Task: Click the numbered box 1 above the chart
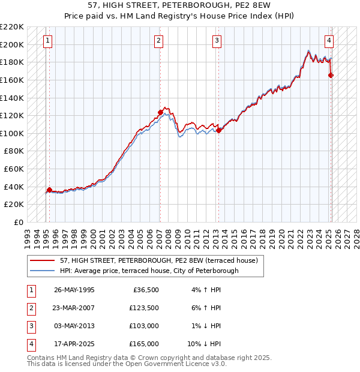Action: (x=47, y=41)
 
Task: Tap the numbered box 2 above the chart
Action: (x=158, y=41)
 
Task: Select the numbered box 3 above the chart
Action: (x=217, y=41)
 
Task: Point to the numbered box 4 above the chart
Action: (x=329, y=41)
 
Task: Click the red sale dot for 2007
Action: (x=160, y=112)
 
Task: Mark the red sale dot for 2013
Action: (x=218, y=130)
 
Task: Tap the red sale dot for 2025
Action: (x=331, y=75)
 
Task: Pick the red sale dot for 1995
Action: (x=49, y=190)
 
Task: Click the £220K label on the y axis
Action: (x=12, y=27)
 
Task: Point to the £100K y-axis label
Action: (x=12, y=133)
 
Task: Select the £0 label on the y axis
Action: (x=18, y=222)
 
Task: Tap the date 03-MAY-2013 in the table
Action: (x=74, y=326)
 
